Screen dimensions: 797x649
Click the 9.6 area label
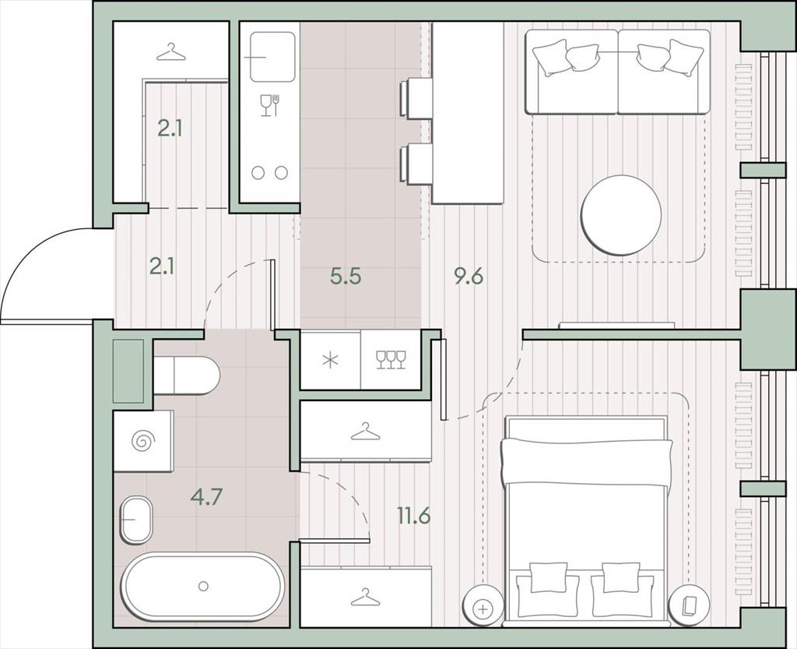pos(469,277)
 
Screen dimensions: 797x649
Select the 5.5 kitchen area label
pos(346,277)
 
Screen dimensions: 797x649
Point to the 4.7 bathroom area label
pos(207,496)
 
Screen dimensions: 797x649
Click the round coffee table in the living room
pos(621,215)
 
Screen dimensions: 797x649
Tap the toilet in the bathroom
pos(186,376)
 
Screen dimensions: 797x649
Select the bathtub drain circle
pos(203,587)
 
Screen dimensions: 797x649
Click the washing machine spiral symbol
pos(142,441)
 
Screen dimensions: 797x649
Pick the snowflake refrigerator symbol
pos(330,360)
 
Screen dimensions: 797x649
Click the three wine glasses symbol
pos(391,360)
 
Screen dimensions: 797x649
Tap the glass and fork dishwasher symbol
pos(269,105)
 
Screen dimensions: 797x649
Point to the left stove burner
pos(258,173)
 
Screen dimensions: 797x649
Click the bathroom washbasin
pos(136,520)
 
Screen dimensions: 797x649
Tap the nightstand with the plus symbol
pos(483,608)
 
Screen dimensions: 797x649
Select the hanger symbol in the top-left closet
pos(170,52)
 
